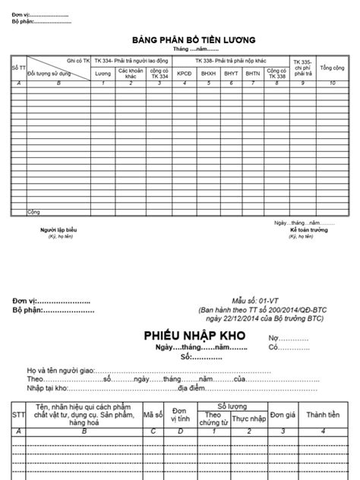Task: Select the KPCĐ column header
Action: pos(185,74)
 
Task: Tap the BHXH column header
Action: pos(208,74)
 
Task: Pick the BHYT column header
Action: pos(232,74)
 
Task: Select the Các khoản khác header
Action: pos(131,74)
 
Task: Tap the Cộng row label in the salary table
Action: pos(34,210)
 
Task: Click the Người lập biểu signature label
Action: pos(58,229)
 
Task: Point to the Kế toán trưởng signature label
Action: pos(302,229)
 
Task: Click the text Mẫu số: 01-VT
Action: pos(258,301)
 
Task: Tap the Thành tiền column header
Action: pos(326,415)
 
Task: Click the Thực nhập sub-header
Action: pos(249,419)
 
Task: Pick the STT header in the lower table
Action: pos(18,415)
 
